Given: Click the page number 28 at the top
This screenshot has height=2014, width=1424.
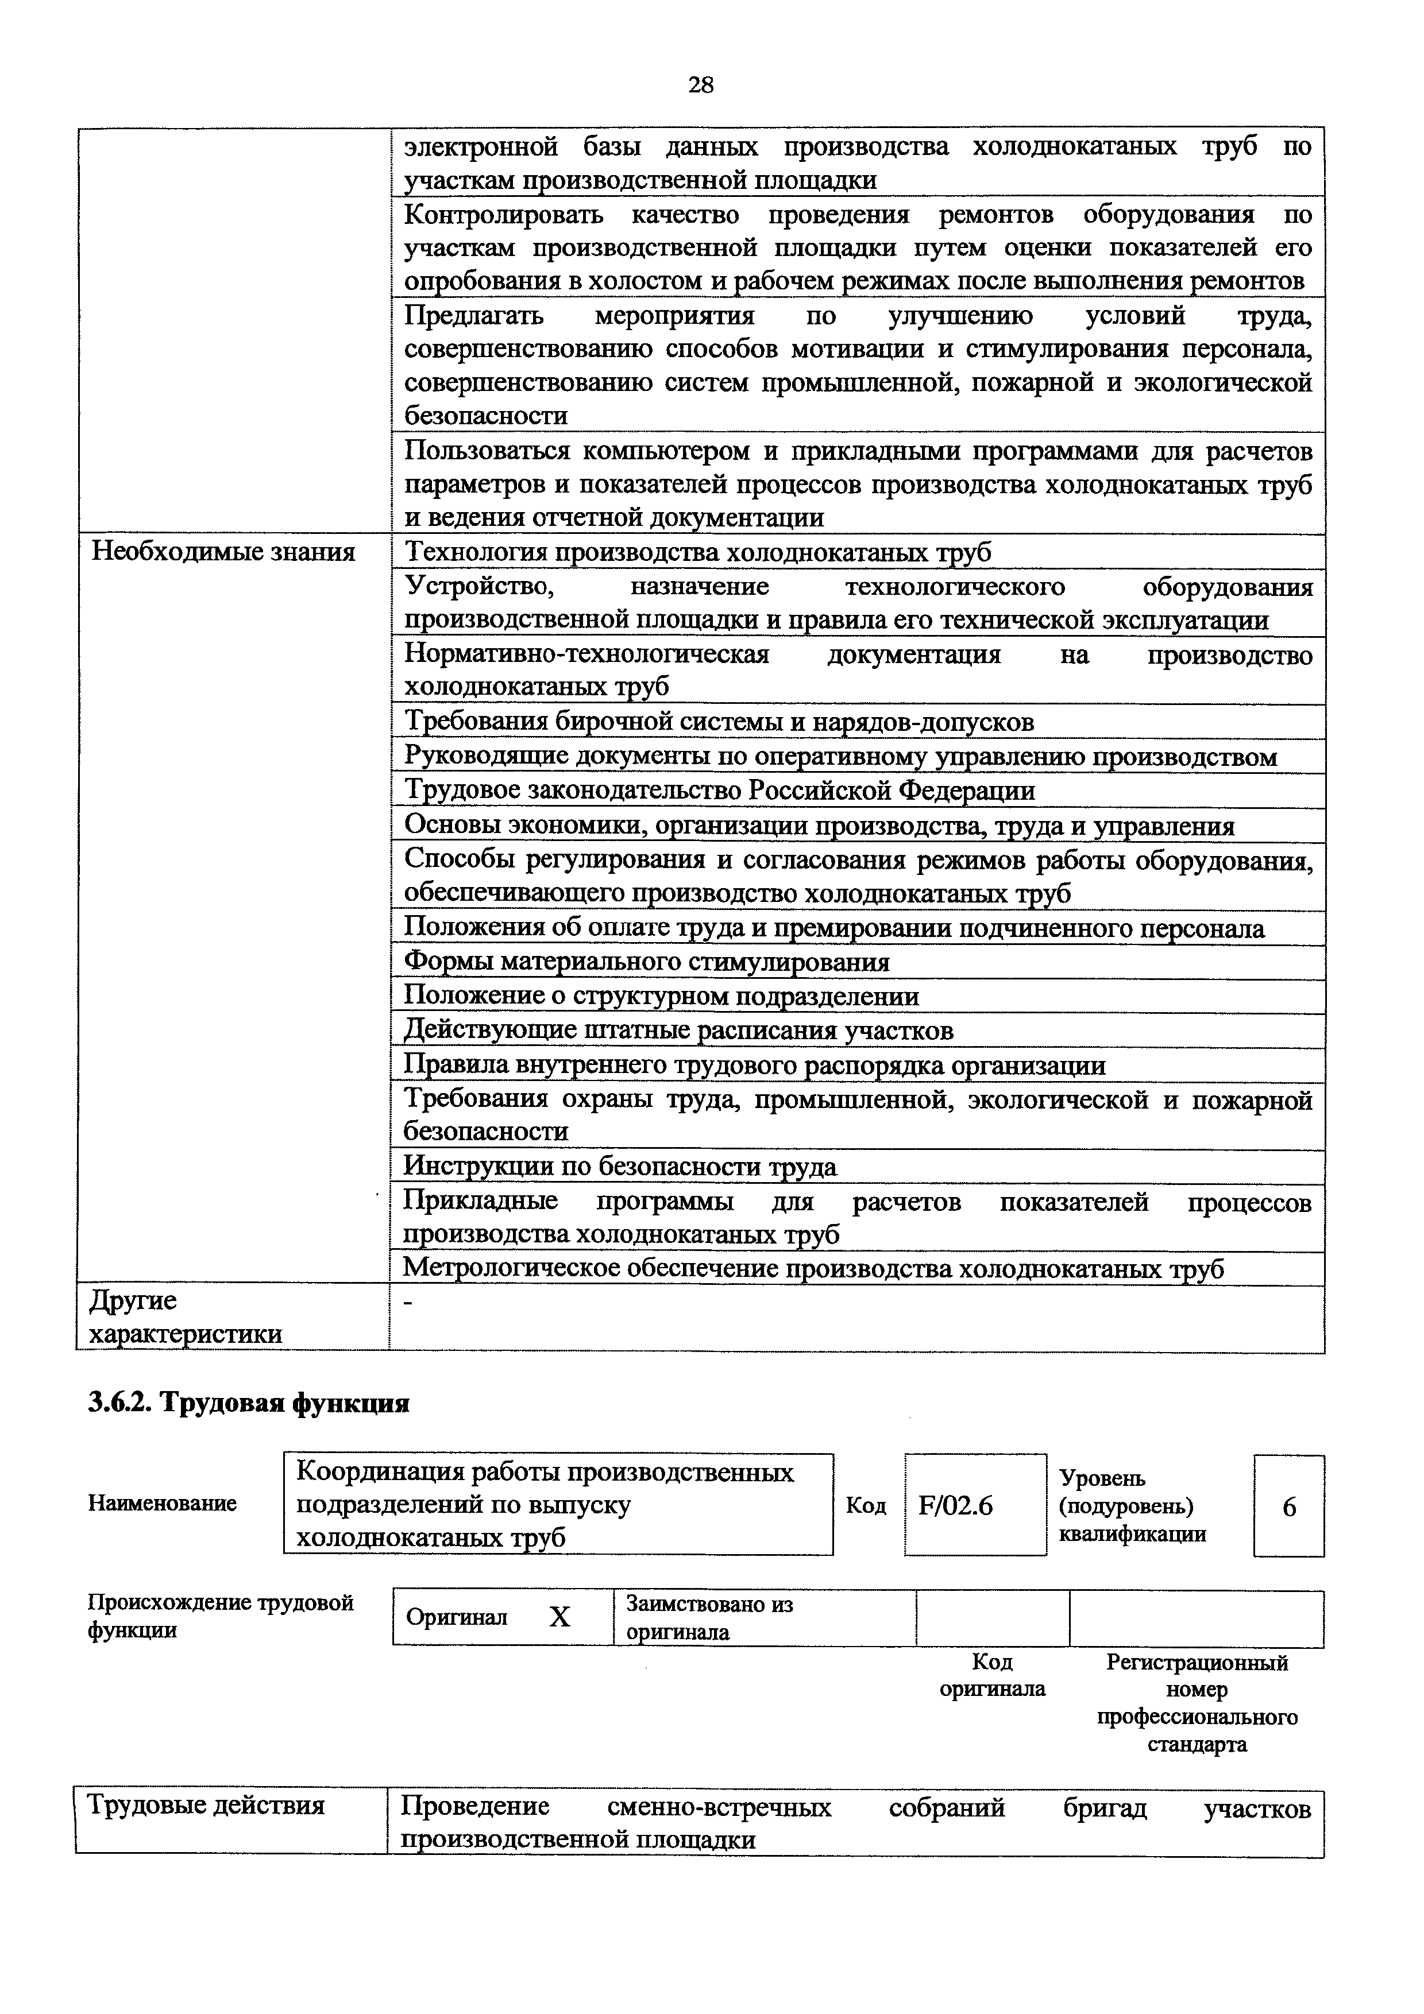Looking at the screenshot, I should pos(701,85).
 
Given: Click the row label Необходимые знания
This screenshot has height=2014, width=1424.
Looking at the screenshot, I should pos(223,553).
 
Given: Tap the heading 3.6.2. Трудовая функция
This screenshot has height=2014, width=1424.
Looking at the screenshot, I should pos(248,1404).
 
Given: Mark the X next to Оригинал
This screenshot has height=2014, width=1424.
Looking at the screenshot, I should pos(559,1617).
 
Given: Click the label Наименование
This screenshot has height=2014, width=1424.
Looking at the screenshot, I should pos(163,1504).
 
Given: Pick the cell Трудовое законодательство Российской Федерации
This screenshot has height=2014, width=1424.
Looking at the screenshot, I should pos(719,791).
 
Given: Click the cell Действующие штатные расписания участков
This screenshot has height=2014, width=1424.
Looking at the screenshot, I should pos(678,1031).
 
